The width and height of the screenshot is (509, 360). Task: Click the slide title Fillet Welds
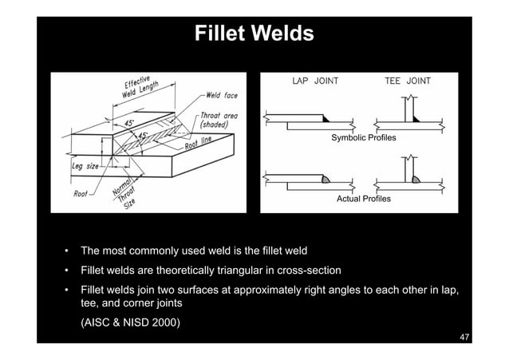point(254,34)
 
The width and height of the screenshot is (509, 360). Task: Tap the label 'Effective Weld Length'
point(144,89)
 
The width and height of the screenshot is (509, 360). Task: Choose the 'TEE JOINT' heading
point(407,81)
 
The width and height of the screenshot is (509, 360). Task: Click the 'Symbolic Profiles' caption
point(363,139)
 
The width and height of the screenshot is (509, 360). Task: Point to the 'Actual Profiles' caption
point(364,198)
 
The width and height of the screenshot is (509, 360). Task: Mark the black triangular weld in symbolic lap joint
point(327,119)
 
